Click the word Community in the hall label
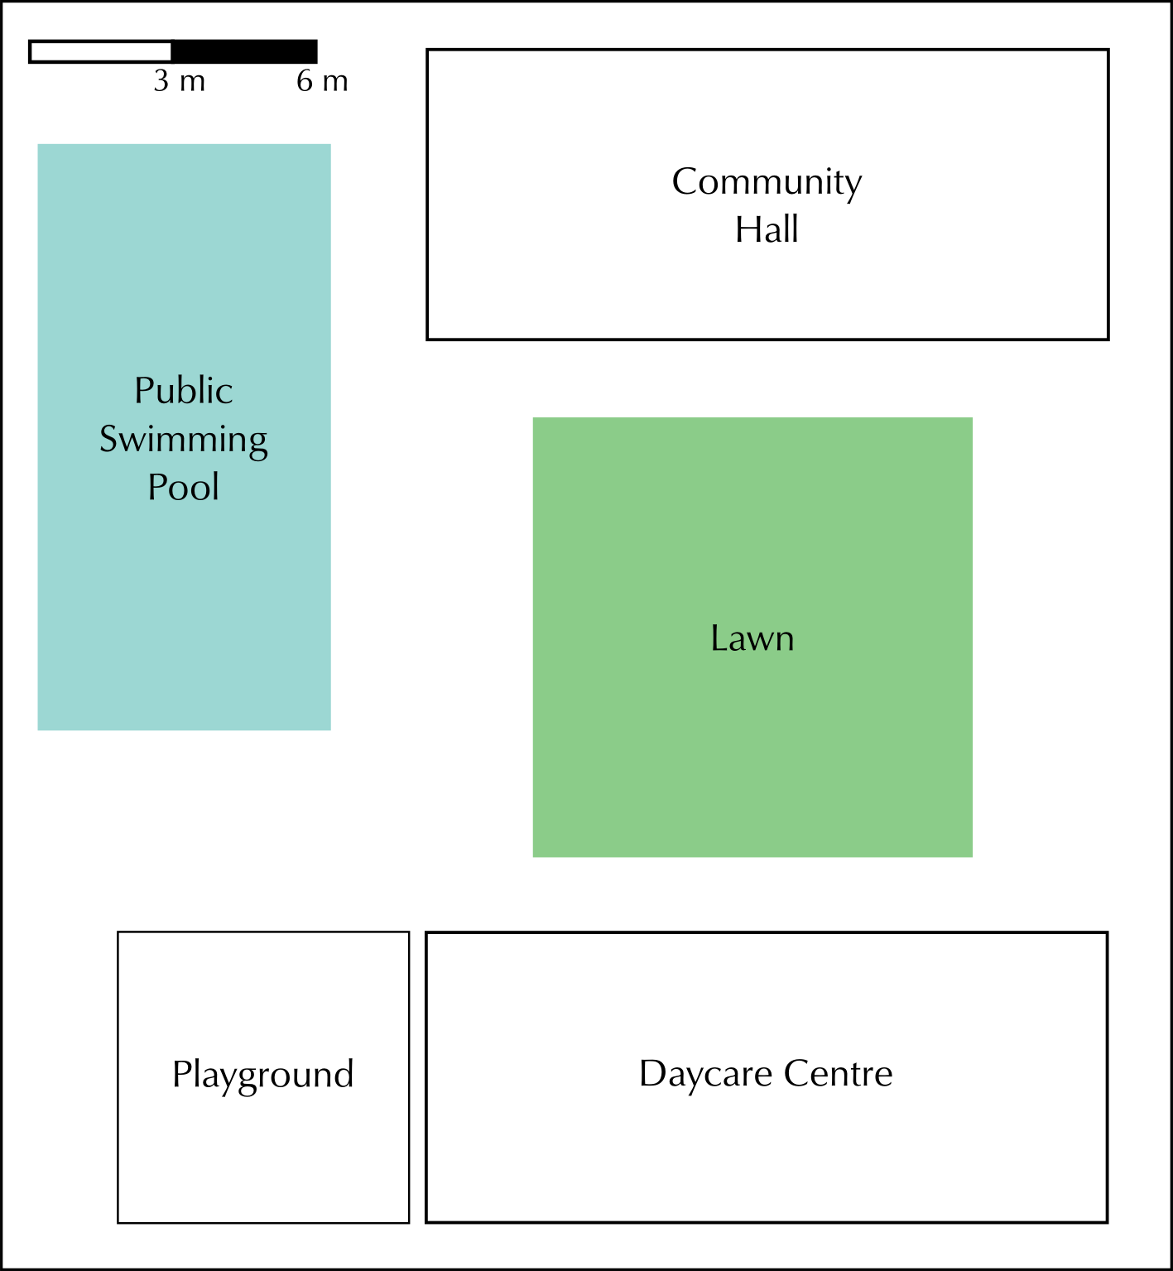767,182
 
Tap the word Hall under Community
767,229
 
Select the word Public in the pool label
183,391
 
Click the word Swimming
183,440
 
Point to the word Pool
183,487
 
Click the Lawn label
752,638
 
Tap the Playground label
263,1075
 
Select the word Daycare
705,1074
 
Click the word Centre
838,1073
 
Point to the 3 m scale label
179,81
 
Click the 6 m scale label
322,81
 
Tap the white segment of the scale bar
100,51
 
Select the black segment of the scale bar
244,51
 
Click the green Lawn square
752,745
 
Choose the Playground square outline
263,1159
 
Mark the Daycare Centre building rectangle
767,1159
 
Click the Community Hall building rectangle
767,290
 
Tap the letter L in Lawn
718,638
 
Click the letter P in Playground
180,1073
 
